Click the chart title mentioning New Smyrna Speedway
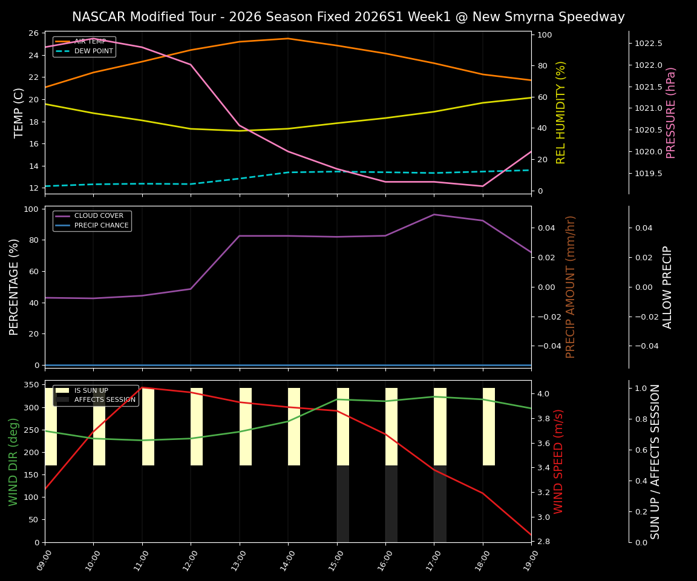tap(348, 17)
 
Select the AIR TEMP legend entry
tap(90, 42)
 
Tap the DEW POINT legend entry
tap(93, 51)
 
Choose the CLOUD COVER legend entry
tap(99, 216)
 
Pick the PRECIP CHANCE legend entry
tap(101, 226)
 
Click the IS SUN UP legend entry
tap(91, 390)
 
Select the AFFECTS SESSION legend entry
tap(104, 400)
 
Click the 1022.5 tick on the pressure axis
tap(648, 44)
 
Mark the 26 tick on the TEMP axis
tap(33, 33)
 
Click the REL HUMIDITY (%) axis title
tap(561, 112)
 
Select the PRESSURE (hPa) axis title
tap(671, 113)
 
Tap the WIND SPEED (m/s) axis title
tap(558, 461)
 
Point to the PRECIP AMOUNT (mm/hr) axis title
tap(571, 286)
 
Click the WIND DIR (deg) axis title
tap(13, 461)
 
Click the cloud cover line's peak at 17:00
tap(434, 214)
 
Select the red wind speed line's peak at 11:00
tap(142, 387)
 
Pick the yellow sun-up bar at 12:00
tap(197, 427)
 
